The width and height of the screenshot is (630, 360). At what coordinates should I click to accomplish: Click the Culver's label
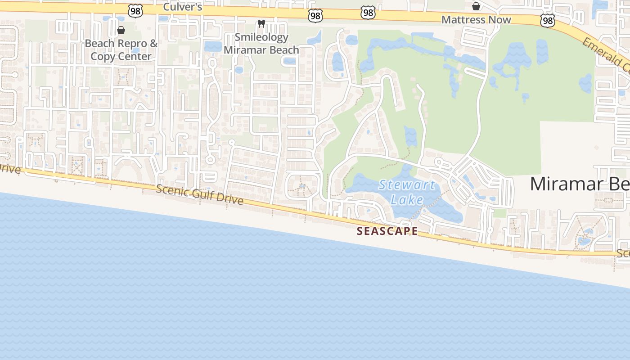183,7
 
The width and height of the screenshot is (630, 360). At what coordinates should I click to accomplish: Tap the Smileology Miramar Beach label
261,44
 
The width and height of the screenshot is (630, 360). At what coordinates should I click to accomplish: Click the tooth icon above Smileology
261,23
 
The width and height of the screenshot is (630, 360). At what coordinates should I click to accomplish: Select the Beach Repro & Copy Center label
121,50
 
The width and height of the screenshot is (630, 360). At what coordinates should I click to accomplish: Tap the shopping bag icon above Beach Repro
121,30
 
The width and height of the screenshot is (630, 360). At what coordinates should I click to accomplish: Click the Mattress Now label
476,20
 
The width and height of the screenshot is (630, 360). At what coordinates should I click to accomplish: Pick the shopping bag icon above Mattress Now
476,6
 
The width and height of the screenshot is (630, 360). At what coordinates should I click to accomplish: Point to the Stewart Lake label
407,192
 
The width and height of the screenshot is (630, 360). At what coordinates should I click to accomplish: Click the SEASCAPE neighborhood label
387,231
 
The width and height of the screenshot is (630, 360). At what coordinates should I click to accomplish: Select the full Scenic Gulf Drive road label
199,194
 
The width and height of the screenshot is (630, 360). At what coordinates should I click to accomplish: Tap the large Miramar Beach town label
580,184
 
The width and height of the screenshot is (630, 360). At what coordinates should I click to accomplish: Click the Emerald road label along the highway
605,54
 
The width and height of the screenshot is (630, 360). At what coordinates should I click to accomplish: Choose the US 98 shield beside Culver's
135,11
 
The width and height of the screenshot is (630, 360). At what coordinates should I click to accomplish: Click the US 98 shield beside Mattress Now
548,20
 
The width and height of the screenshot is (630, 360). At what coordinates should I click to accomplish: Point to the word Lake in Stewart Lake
407,199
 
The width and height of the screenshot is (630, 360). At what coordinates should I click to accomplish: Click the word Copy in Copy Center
103,56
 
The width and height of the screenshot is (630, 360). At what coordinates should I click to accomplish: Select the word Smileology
261,37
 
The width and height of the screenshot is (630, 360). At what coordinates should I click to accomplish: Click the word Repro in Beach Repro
129,44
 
